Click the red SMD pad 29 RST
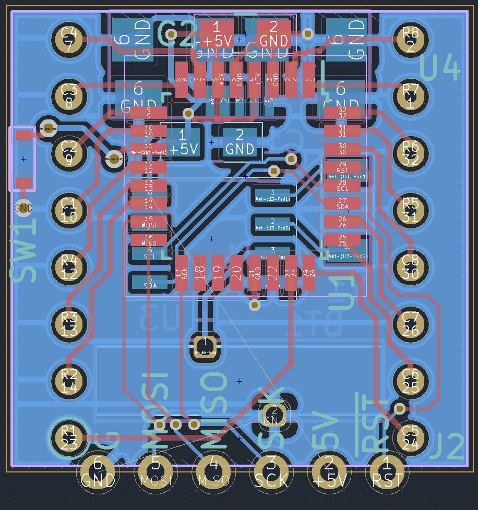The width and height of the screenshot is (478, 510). point(342,167)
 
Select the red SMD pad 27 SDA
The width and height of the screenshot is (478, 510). point(342,203)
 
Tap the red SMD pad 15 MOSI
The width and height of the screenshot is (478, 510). point(149,222)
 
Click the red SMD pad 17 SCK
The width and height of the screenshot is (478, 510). point(182,273)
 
